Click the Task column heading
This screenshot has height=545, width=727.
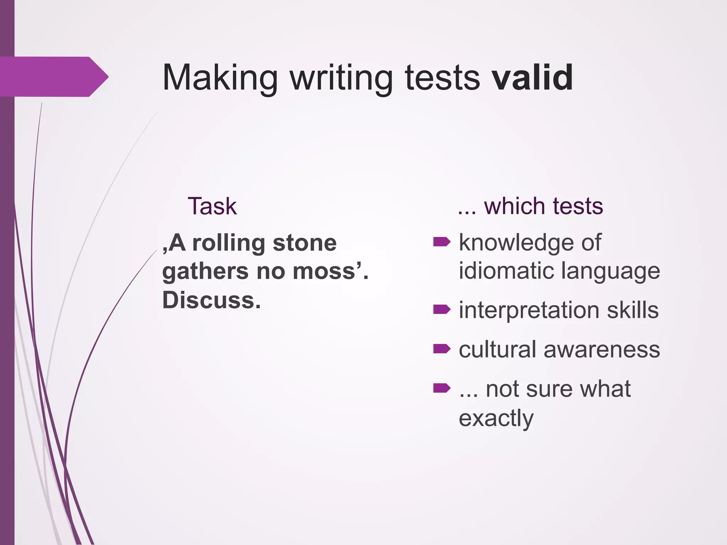coord(212,206)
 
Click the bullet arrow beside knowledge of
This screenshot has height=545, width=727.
coord(442,242)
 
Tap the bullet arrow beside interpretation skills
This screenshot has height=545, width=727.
coord(442,310)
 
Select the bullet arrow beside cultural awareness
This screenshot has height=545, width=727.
coord(442,349)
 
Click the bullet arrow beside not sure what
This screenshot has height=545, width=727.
coord(442,389)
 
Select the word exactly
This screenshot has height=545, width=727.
coord(496,418)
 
